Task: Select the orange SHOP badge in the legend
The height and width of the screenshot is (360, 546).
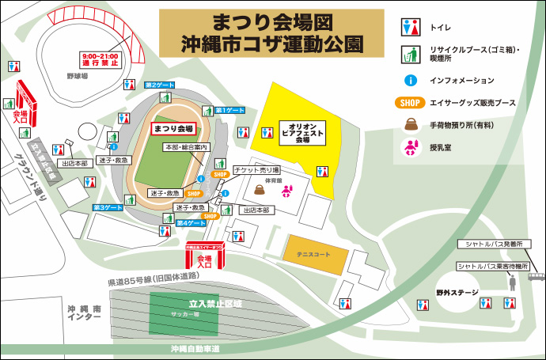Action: point(409,102)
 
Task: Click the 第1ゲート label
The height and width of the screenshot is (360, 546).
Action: point(230,110)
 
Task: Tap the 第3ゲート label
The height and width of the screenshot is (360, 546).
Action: point(108,207)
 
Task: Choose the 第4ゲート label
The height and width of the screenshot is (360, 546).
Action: point(191,223)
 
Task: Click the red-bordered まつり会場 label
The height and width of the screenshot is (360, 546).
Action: point(173,128)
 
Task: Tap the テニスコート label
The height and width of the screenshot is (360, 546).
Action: point(316,254)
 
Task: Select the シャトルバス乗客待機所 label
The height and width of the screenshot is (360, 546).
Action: point(491,267)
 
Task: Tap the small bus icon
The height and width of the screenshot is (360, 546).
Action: point(537,277)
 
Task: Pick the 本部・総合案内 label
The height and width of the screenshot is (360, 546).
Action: point(186,148)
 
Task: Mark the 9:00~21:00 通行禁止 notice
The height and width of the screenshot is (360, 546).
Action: point(98,59)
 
